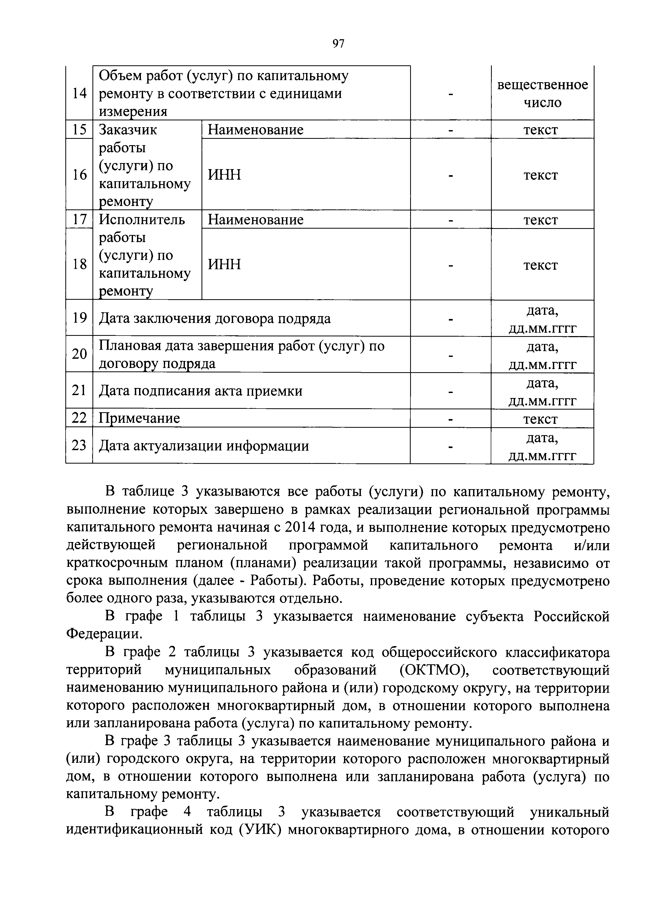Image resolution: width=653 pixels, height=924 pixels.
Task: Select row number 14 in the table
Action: [79, 93]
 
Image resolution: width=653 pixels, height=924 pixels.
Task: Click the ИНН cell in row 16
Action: [224, 175]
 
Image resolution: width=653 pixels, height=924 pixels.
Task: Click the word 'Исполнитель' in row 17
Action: [142, 219]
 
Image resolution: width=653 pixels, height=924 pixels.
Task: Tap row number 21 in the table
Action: [79, 390]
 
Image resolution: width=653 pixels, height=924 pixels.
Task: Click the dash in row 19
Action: [451, 319]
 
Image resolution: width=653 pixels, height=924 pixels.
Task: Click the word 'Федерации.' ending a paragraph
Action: [104, 634]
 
